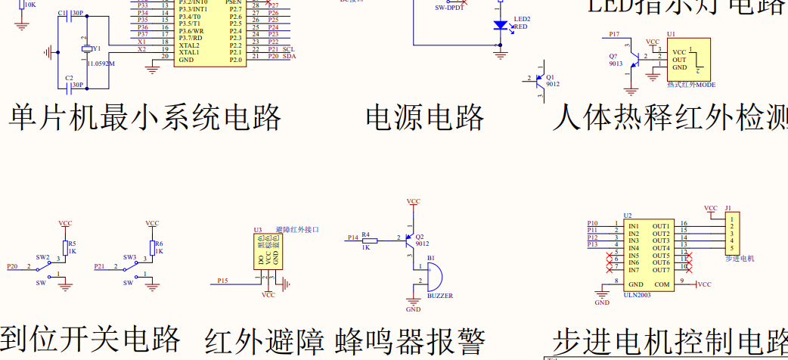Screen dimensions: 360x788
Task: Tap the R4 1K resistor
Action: [370, 240]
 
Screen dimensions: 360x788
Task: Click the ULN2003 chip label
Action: [638, 295]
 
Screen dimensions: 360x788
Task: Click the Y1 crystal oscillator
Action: [88, 50]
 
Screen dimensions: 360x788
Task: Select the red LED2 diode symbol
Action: [500, 25]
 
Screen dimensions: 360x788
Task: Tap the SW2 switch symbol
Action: [50, 268]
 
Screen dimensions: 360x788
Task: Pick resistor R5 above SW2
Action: [67, 247]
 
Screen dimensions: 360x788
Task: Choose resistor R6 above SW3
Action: [154, 247]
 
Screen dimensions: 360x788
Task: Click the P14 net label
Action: [352, 237]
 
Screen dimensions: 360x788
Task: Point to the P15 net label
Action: [222, 281]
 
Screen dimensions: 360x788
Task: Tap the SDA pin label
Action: [289, 56]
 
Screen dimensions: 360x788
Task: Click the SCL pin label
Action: [288, 48]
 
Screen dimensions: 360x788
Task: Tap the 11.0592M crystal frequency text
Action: [101, 64]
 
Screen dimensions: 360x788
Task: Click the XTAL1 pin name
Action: [189, 52]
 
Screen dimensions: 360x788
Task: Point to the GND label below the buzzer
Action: [413, 309]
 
